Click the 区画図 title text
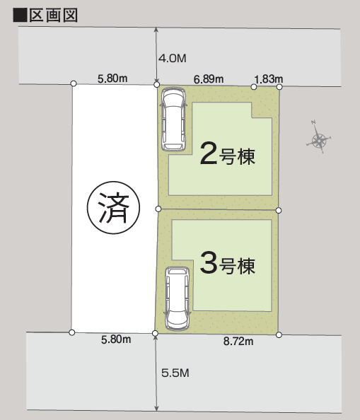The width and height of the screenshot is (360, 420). tap(53, 16)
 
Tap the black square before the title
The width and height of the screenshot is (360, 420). tap(20, 16)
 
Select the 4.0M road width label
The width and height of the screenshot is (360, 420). tap(173, 59)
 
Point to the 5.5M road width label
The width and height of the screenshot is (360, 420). tap(175, 373)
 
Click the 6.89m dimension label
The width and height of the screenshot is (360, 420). tap(209, 79)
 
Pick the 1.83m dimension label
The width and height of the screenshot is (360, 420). tap(268, 79)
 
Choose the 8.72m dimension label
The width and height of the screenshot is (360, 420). tap(238, 342)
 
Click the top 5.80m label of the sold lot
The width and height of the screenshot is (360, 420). tap(112, 78)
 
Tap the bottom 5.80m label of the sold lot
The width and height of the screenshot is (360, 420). tap(116, 339)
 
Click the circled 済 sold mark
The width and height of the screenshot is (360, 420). tap(114, 208)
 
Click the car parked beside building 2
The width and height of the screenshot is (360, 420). tap(173, 119)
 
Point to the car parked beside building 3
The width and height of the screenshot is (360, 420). tap(178, 298)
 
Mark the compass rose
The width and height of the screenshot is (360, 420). tap(319, 137)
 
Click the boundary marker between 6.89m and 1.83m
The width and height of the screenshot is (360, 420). tap(254, 87)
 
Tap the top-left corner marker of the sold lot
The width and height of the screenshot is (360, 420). tap(74, 84)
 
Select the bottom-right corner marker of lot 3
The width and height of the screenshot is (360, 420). tap(279, 335)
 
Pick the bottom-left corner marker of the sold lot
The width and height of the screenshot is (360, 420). tap(71, 332)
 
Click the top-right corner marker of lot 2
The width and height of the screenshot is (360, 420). tap(279, 87)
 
